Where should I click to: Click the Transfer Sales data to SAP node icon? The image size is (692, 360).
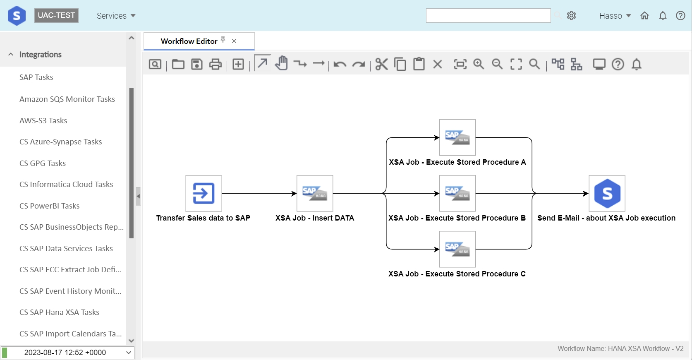204,193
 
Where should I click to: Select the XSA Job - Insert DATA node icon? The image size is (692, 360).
315,193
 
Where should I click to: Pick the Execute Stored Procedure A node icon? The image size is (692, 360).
457,137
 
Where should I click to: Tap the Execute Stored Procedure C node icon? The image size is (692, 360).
457,249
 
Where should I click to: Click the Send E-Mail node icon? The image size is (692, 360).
607,193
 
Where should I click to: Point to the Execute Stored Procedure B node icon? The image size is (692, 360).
457,193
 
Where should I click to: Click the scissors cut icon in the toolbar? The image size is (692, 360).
381,64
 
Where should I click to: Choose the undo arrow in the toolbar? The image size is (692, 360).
340,64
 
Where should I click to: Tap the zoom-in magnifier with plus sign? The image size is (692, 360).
479,64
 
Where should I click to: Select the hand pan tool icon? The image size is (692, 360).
281,63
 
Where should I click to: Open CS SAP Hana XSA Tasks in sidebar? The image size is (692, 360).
59,312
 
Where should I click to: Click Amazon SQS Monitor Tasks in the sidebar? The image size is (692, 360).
67,99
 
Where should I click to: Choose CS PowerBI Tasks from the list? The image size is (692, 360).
50,206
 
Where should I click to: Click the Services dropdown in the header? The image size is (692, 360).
116,16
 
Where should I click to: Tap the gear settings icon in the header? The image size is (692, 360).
571,15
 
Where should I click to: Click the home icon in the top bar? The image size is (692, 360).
644,15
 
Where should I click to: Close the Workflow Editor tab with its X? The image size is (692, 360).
234,41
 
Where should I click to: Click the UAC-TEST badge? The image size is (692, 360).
56,15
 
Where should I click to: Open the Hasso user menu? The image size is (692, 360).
615,16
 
